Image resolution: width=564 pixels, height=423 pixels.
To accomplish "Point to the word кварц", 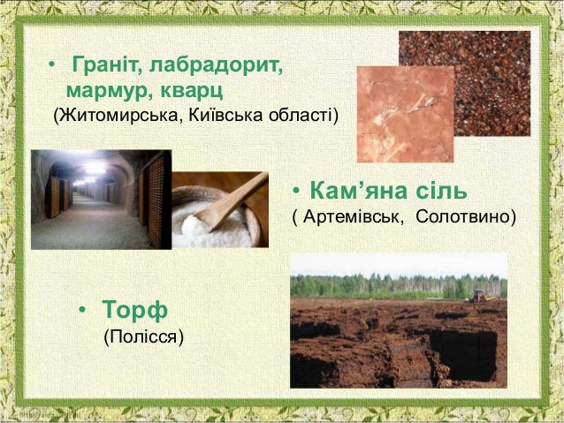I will click(x=189, y=91).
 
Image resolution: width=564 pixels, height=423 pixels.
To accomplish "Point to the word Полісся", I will click(x=144, y=337).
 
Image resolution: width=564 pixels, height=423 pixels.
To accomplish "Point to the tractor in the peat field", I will click(x=480, y=294).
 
